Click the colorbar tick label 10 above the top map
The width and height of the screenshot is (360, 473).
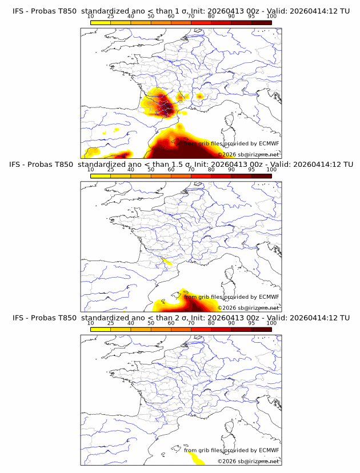(x=90, y=16)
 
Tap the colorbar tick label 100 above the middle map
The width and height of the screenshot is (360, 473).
(x=271, y=170)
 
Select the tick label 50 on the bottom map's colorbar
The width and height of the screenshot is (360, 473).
(x=151, y=323)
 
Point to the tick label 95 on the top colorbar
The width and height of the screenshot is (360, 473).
(x=251, y=16)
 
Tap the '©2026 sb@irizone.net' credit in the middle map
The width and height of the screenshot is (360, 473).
(x=248, y=307)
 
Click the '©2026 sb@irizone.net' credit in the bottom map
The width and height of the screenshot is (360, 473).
(x=248, y=460)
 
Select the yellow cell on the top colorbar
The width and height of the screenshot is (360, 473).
(x=101, y=22)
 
